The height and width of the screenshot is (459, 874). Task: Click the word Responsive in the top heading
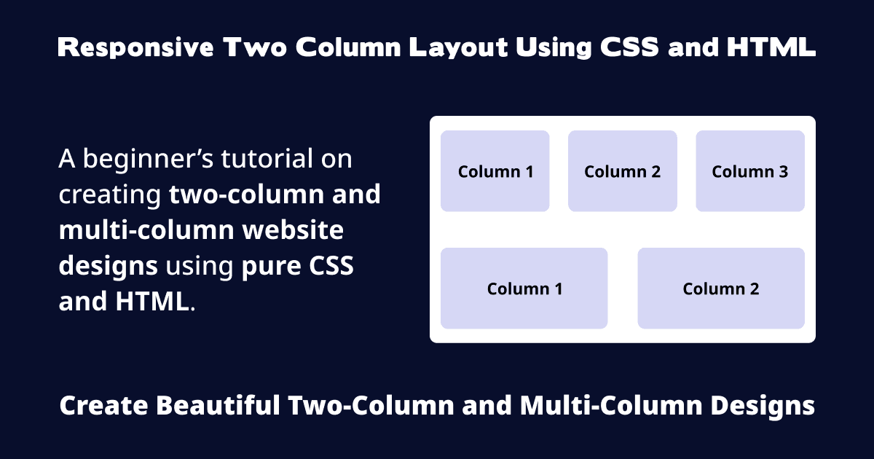click(135, 48)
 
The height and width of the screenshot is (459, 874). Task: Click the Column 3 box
click(750, 171)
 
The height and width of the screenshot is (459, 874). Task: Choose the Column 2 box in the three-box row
click(623, 171)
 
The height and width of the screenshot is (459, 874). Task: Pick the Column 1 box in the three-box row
click(495, 171)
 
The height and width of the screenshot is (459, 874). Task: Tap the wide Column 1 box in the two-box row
click(524, 289)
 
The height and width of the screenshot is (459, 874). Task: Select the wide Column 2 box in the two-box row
click(721, 289)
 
